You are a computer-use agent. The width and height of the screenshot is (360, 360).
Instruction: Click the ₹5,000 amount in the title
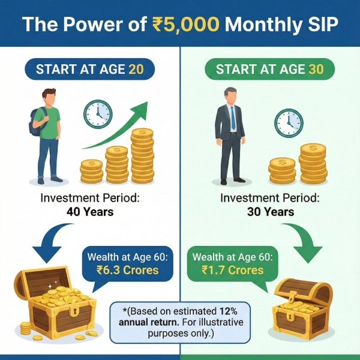(186, 24)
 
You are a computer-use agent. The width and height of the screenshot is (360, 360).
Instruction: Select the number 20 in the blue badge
(136, 69)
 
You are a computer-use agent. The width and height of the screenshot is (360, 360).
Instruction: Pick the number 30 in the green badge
(316, 69)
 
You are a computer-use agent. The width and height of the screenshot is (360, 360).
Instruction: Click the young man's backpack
(37, 122)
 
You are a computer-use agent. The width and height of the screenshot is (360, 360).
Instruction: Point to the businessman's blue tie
(233, 118)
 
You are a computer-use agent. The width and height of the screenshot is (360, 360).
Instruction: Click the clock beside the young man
(98, 114)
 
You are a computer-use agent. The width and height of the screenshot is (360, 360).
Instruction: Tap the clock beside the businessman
(289, 123)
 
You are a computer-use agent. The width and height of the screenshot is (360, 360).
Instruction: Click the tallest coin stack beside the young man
(142, 155)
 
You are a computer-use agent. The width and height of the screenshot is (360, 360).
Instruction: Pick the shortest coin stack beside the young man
(91, 172)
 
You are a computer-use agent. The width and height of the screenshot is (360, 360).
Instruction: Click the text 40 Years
(90, 212)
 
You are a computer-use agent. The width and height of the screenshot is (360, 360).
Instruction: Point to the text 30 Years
(271, 212)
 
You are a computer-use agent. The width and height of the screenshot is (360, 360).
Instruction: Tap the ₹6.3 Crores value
(127, 270)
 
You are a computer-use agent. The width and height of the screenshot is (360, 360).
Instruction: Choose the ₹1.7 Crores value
(233, 270)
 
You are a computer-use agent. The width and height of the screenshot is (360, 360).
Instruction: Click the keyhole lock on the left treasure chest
(75, 311)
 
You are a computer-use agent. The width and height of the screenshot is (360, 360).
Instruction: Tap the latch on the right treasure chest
(292, 298)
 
